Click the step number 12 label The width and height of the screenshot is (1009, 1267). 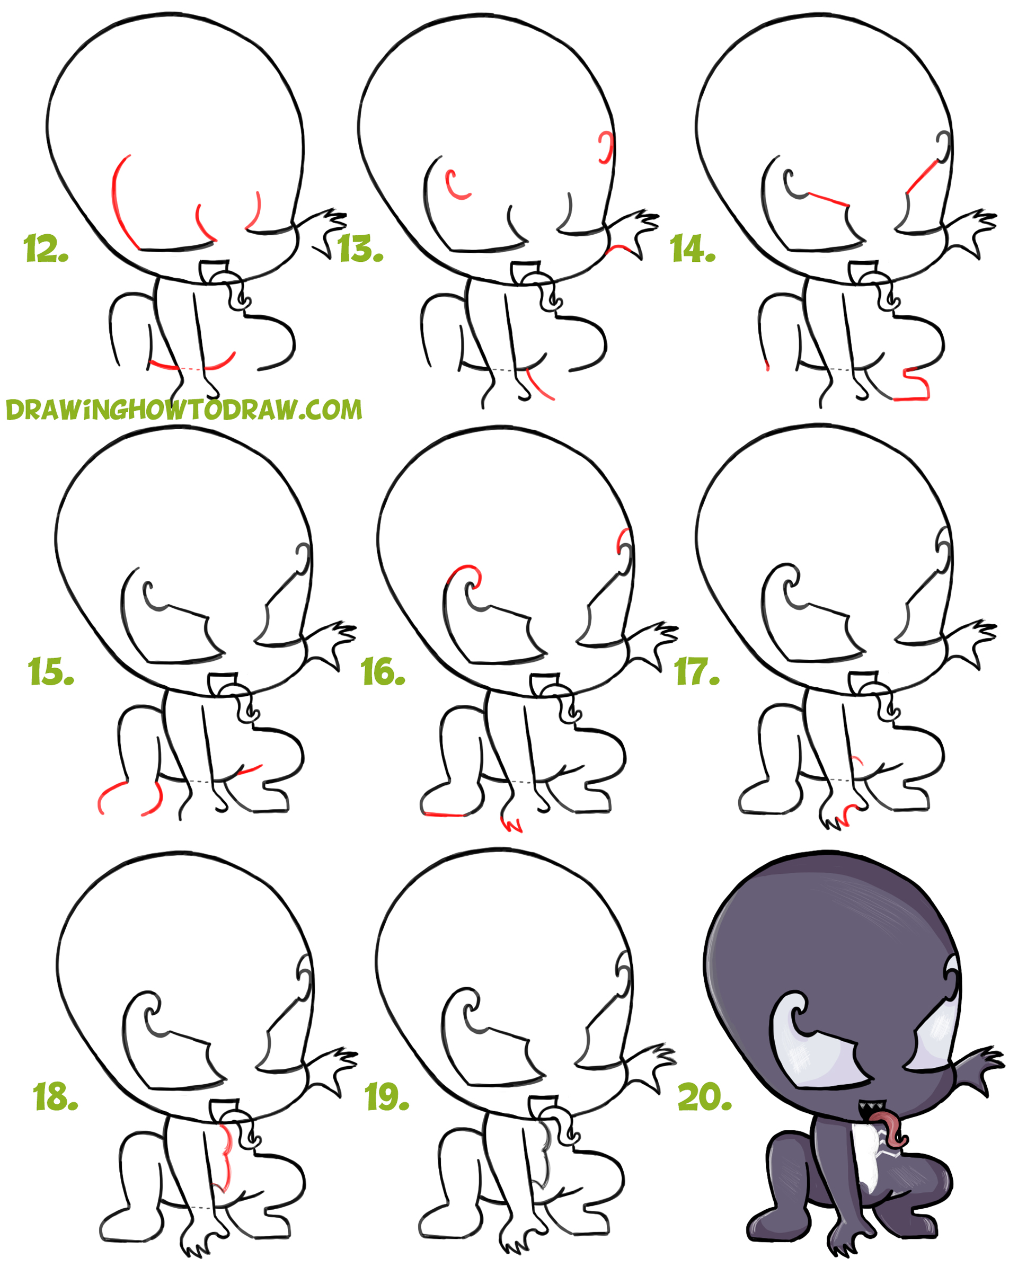(x=46, y=249)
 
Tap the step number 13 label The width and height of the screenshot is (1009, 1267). (x=360, y=249)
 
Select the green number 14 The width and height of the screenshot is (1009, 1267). (x=692, y=249)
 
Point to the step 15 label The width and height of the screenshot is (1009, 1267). (x=50, y=672)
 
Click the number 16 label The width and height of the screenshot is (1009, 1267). (x=383, y=672)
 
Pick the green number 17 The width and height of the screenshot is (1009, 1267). (x=697, y=672)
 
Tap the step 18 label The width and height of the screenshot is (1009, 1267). (x=55, y=1096)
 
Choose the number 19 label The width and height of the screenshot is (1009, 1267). (x=386, y=1096)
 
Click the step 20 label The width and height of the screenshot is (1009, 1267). (x=704, y=1096)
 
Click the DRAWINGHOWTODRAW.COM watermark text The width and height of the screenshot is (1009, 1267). (x=183, y=410)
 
